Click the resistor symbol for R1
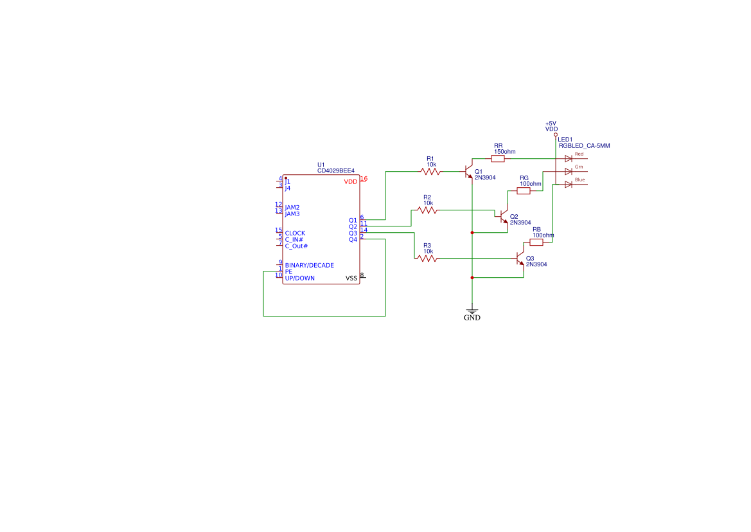tap(430, 171)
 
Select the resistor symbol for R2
tap(427, 210)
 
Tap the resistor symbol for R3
tap(427, 259)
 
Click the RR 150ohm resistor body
tap(498, 158)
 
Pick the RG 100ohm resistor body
tap(524, 190)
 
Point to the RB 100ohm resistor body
tap(536, 243)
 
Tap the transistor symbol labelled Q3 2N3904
tap(520, 259)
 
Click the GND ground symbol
tap(472, 312)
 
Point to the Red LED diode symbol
tap(568, 158)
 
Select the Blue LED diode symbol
tap(568, 185)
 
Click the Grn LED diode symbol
tap(568, 171)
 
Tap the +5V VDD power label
tap(551, 126)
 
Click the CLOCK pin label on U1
tap(295, 234)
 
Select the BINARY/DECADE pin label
tap(309, 265)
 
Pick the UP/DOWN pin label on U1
tap(299, 278)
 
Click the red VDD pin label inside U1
tap(350, 182)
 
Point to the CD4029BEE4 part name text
tap(335, 171)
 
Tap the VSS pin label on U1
tap(351, 278)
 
